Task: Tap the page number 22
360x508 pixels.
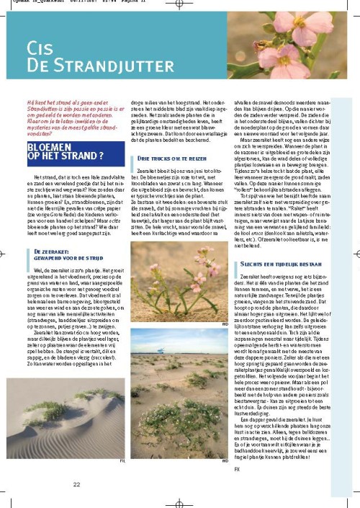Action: click(76, 485)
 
